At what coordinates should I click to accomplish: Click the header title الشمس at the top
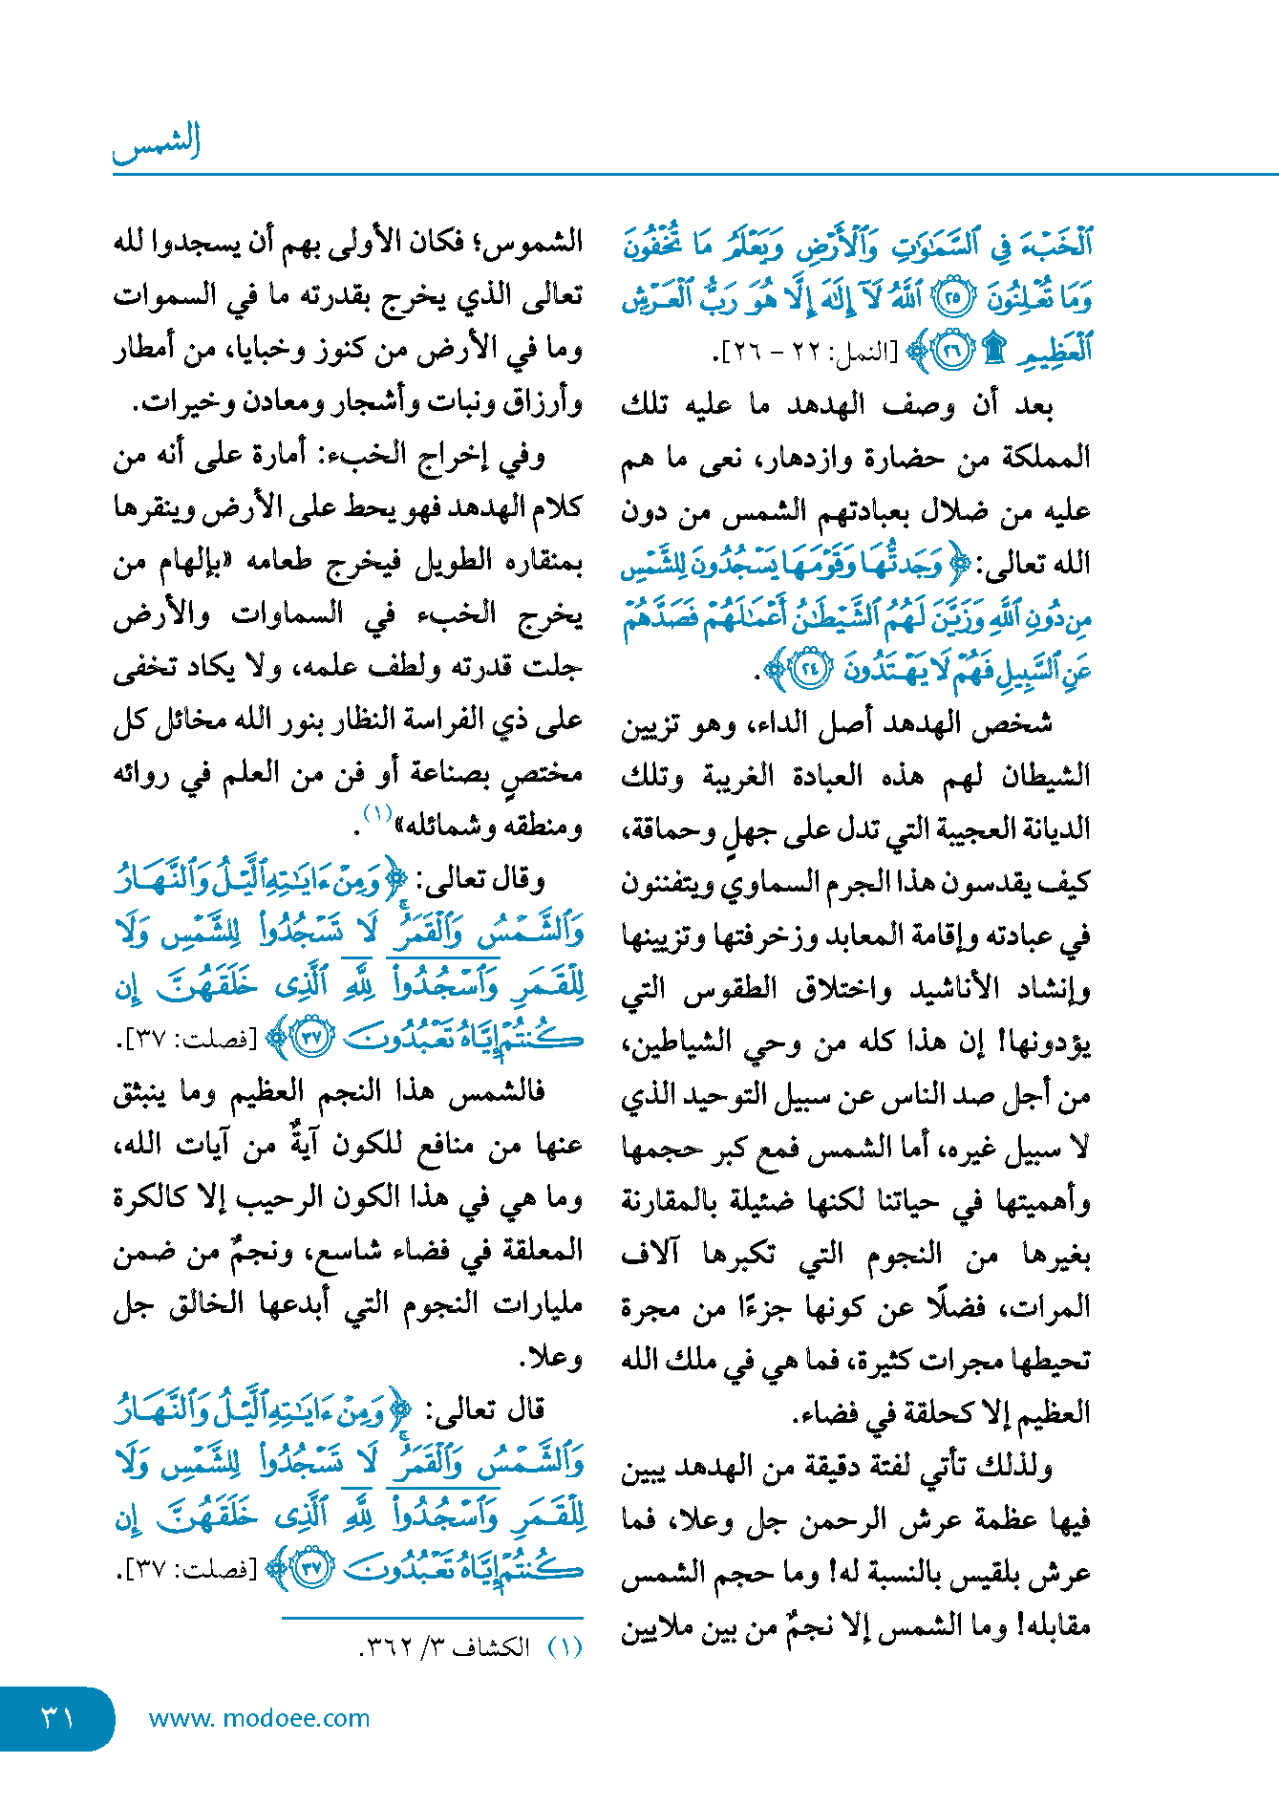[x=157, y=143]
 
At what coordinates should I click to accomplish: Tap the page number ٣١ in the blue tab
[x=57, y=1718]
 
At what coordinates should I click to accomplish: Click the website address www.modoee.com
[x=259, y=1718]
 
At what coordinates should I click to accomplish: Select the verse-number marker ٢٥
[x=951, y=300]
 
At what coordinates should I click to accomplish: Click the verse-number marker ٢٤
[x=812, y=669]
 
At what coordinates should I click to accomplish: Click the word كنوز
[x=341, y=350]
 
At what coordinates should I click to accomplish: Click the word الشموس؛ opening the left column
[x=527, y=243]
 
